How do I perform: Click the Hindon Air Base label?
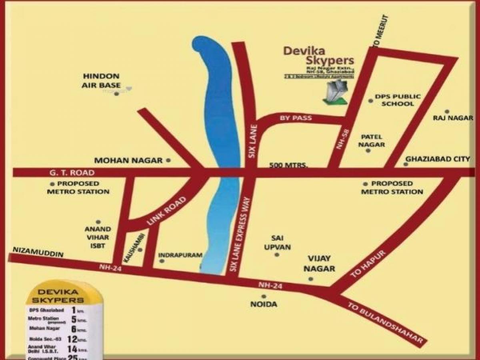101,80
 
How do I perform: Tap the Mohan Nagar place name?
128,160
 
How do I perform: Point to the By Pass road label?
296,118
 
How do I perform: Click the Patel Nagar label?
371,140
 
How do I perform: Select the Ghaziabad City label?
438,159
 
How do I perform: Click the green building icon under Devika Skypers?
336,92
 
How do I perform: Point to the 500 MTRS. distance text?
288,165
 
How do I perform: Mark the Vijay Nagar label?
319,264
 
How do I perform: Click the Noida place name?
264,304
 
